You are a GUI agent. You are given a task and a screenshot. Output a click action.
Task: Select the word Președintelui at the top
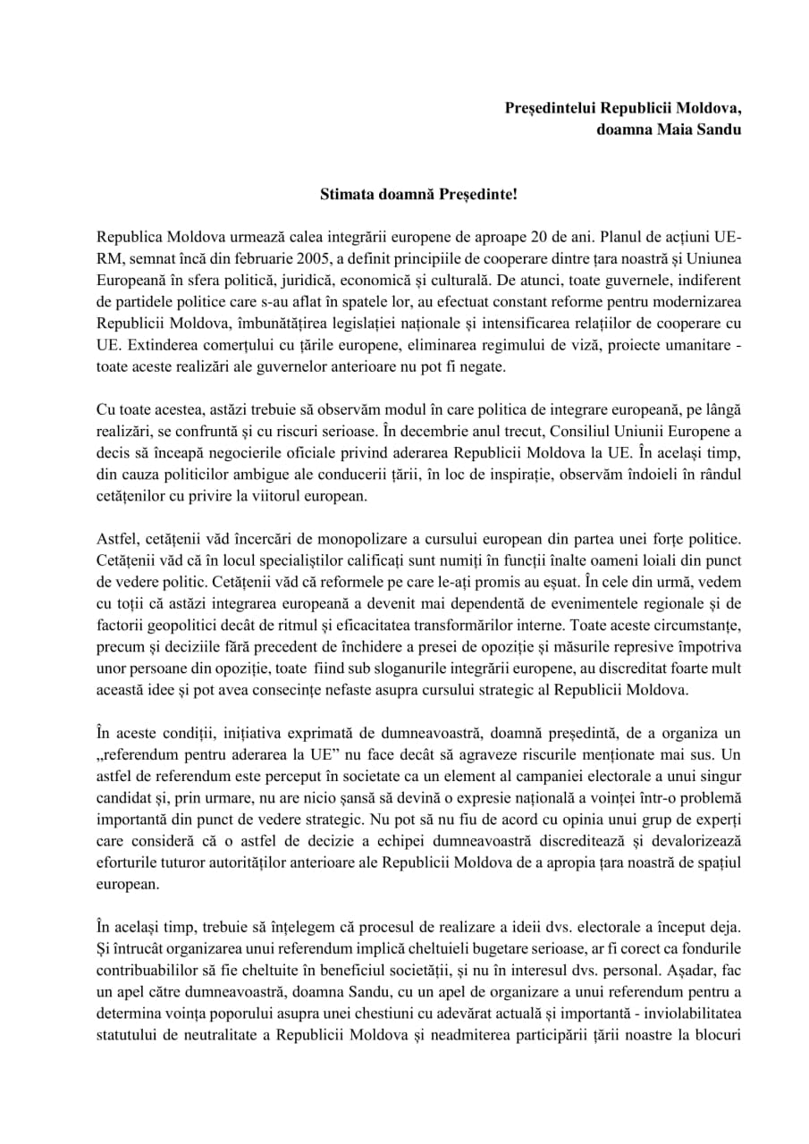(549, 107)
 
